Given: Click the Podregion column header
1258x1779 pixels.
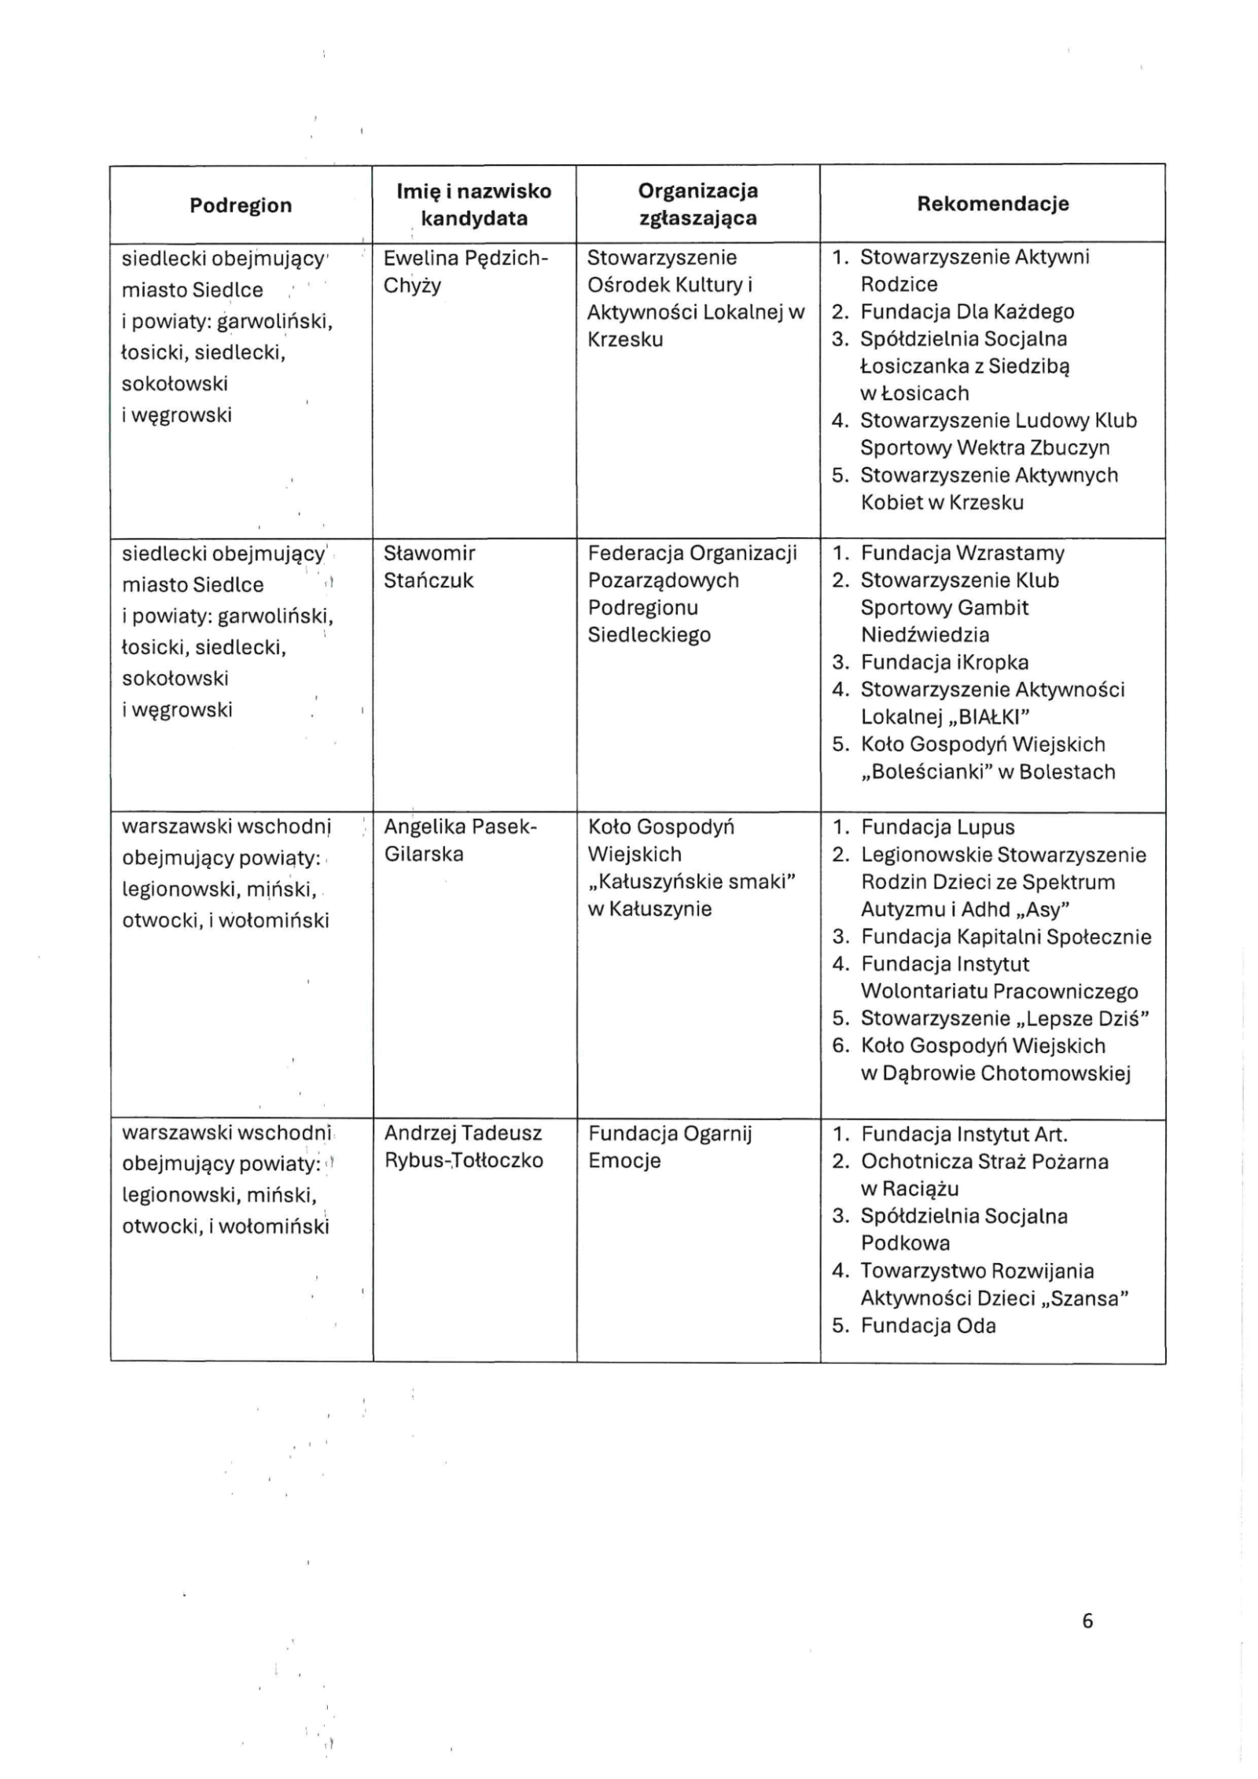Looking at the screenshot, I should pos(241,205).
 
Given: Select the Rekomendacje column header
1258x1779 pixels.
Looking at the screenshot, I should pos(992,204).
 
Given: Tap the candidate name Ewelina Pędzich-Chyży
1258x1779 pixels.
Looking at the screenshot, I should pos(465,271).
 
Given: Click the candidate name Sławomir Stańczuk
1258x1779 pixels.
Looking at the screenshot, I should pos(429,567).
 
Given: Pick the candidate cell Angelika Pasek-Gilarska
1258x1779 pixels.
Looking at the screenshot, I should pos(460,841).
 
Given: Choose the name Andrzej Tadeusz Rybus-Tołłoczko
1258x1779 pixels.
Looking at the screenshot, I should pos(464,1147).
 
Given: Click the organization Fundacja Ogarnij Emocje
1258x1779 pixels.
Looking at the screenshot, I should pos(670,1147).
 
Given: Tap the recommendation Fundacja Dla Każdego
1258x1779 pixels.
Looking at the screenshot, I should pos(966,312).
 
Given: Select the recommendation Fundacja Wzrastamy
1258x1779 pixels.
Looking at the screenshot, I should pos(962,553).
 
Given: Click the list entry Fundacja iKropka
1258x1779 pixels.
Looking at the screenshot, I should pos(944,662).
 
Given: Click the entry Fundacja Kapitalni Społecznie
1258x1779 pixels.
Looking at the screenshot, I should pos(1006,937).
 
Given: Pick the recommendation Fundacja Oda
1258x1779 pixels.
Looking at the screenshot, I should pos(928,1326).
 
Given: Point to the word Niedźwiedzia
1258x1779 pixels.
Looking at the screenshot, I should pos(925,635).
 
